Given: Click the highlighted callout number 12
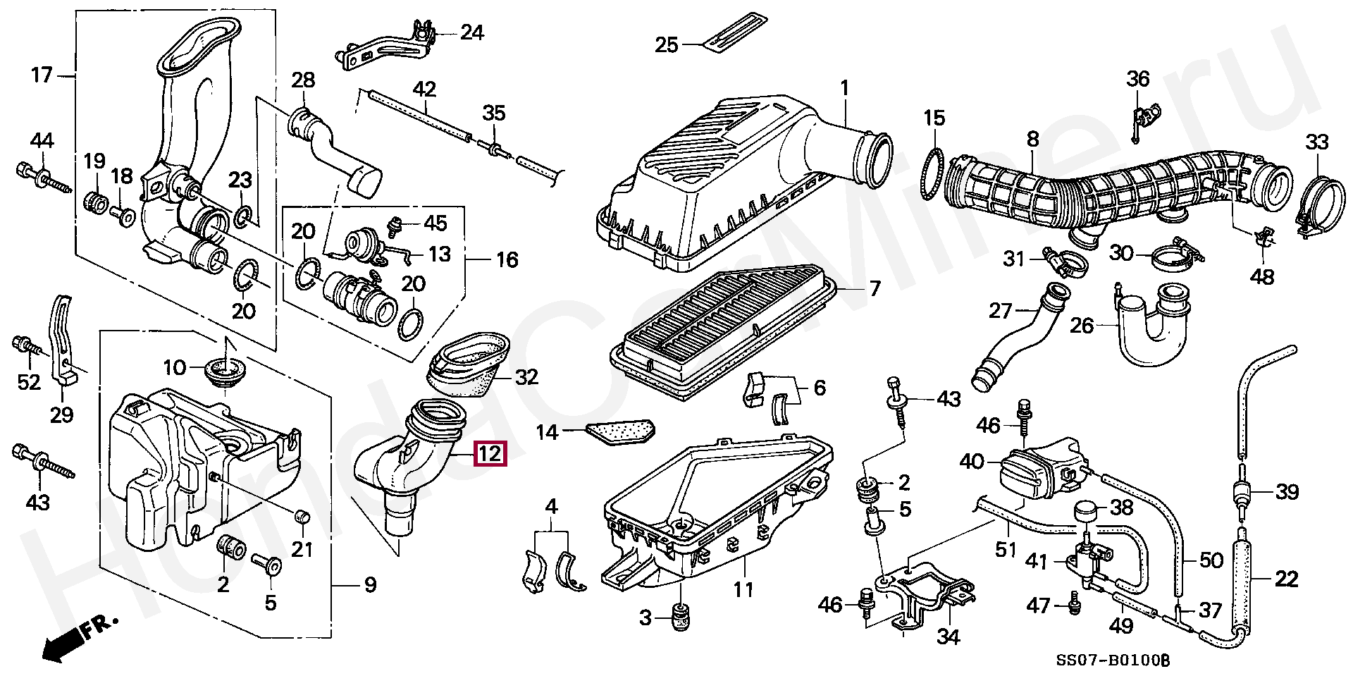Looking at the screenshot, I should coord(490,454).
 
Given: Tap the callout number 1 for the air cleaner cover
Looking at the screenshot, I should coord(844,89).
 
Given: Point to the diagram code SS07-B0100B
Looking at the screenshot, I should coord(1112,661).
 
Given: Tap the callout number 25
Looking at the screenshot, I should coord(666,45).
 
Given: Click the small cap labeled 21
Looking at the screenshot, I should coord(302,520).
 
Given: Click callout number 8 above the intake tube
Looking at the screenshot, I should coord(1032,139).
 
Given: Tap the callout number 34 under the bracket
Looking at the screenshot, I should coord(949,637).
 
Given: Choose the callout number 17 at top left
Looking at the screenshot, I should coord(42,75).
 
